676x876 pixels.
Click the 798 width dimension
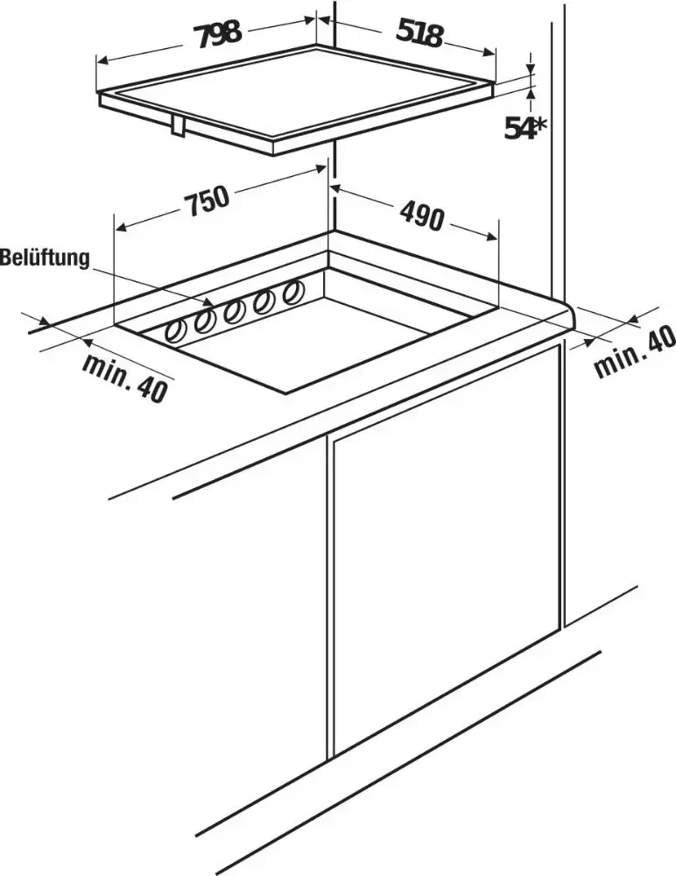(x=218, y=35)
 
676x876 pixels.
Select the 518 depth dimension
(x=419, y=35)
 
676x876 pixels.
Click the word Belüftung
(x=45, y=258)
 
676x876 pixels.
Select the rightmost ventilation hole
(x=292, y=292)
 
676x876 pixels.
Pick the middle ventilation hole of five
(x=235, y=311)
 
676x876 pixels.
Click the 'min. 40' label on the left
(x=125, y=377)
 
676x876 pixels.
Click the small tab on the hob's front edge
(x=178, y=126)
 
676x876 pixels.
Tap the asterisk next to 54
(x=539, y=126)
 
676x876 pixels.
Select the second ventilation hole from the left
(x=205, y=321)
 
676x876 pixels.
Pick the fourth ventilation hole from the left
(x=264, y=301)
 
